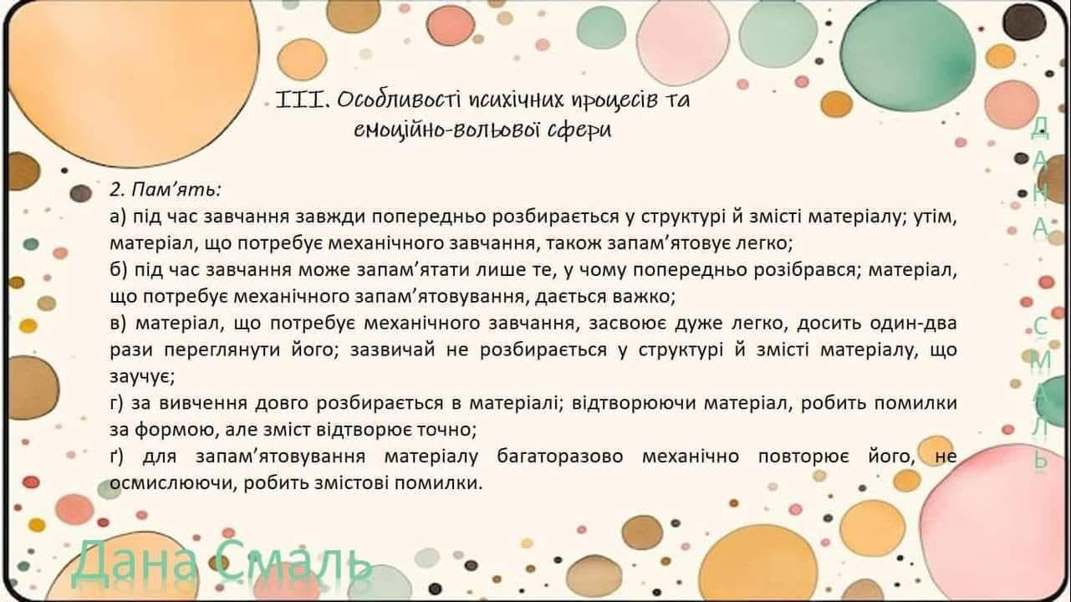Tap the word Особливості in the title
pos(399,99)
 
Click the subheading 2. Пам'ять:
pos(166,190)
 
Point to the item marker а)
pos(118,217)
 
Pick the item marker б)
pos(118,270)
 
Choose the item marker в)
pos(118,324)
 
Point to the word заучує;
pos(142,378)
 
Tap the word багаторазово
pos(560,457)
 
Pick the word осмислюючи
pos(174,483)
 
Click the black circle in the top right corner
pos(1023,22)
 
